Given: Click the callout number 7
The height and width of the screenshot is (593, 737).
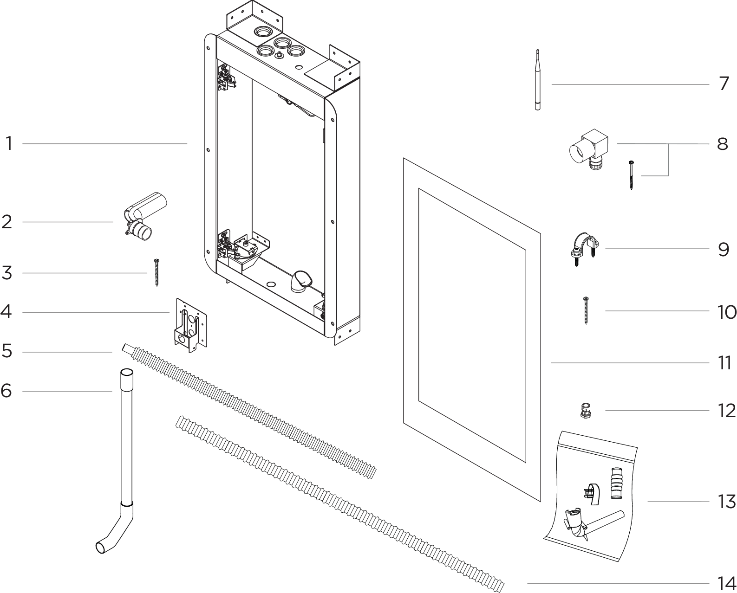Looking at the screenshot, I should click(724, 84).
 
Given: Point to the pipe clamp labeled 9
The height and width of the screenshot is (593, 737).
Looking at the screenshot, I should click(584, 248).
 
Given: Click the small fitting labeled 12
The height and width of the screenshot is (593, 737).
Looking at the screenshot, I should click(586, 411).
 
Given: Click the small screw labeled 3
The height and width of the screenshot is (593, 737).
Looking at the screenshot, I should click(157, 272).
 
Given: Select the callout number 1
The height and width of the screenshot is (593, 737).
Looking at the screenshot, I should click(9, 143).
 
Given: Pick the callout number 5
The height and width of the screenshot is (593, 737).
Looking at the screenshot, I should click(7, 351).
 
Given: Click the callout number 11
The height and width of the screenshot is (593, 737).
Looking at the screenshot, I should click(724, 362).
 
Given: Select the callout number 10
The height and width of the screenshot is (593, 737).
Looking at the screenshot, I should click(726, 312).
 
